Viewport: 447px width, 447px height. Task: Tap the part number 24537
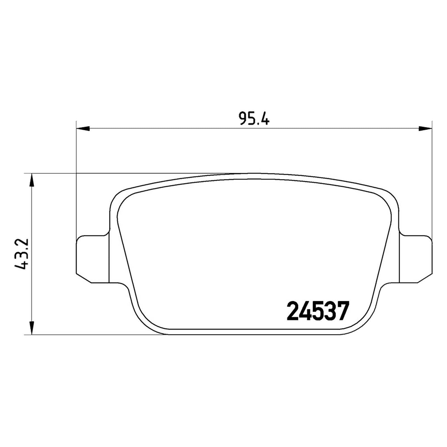pos(318,311)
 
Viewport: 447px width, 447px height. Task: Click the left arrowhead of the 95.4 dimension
pos(83,129)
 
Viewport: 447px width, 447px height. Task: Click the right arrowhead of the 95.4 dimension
pos(425,129)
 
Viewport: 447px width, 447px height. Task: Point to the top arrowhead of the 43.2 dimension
pos(32,180)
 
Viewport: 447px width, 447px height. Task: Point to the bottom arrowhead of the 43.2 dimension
pos(32,328)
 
